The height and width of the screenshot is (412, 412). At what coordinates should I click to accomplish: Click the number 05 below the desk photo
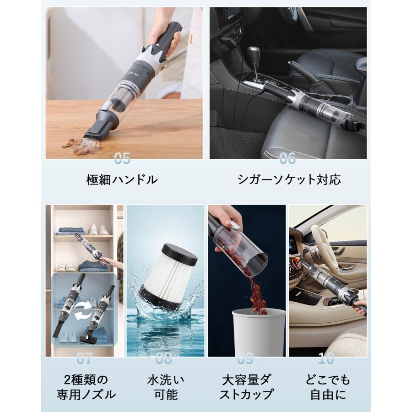tap(122, 158)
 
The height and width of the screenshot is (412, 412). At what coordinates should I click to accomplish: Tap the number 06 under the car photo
tap(287, 158)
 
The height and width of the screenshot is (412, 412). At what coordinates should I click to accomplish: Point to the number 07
tap(84, 358)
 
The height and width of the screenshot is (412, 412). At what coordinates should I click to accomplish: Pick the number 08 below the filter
tap(164, 358)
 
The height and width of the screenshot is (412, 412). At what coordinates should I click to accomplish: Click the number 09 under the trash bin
tap(246, 358)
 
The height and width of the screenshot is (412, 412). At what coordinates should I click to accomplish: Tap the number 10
tap(326, 358)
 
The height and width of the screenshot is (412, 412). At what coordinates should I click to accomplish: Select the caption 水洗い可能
tap(165, 387)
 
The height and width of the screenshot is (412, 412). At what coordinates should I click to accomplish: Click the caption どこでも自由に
tap(328, 387)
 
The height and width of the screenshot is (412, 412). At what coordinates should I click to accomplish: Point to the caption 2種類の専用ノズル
tap(86, 387)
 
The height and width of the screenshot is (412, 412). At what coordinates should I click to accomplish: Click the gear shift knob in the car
tap(254, 52)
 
